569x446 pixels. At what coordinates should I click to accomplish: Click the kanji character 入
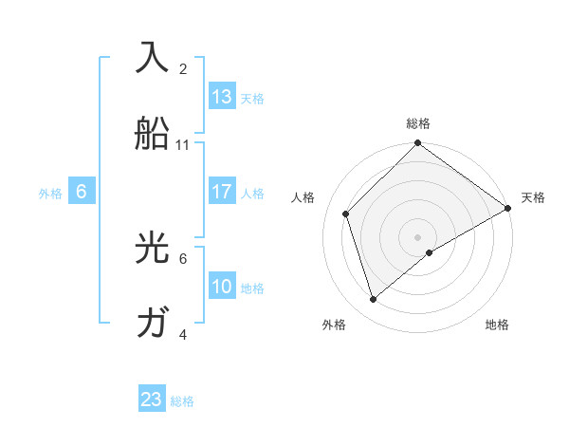[152, 58]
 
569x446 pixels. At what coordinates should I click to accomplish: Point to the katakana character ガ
[152, 324]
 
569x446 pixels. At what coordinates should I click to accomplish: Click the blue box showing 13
[222, 97]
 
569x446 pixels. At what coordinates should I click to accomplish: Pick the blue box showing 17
[222, 192]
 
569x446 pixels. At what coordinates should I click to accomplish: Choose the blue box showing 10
[222, 287]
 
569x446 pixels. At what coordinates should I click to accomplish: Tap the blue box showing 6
[82, 192]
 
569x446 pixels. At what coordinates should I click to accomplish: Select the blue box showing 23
[152, 400]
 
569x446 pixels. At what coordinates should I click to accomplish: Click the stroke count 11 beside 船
[183, 145]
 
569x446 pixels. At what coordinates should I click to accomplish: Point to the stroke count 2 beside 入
[183, 69]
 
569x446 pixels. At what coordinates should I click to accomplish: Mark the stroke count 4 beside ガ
[183, 335]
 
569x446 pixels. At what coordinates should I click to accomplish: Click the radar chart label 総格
[418, 123]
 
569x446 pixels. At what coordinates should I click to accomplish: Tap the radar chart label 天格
[533, 197]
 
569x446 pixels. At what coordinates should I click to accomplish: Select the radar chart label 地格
[497, 325]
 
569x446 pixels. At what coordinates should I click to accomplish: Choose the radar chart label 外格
[334, 325]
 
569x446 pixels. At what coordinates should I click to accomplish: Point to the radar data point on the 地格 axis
[430, 252]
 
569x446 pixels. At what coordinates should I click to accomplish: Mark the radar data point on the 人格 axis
[346, 214]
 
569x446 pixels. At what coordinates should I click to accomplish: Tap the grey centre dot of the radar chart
[418, 236]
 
